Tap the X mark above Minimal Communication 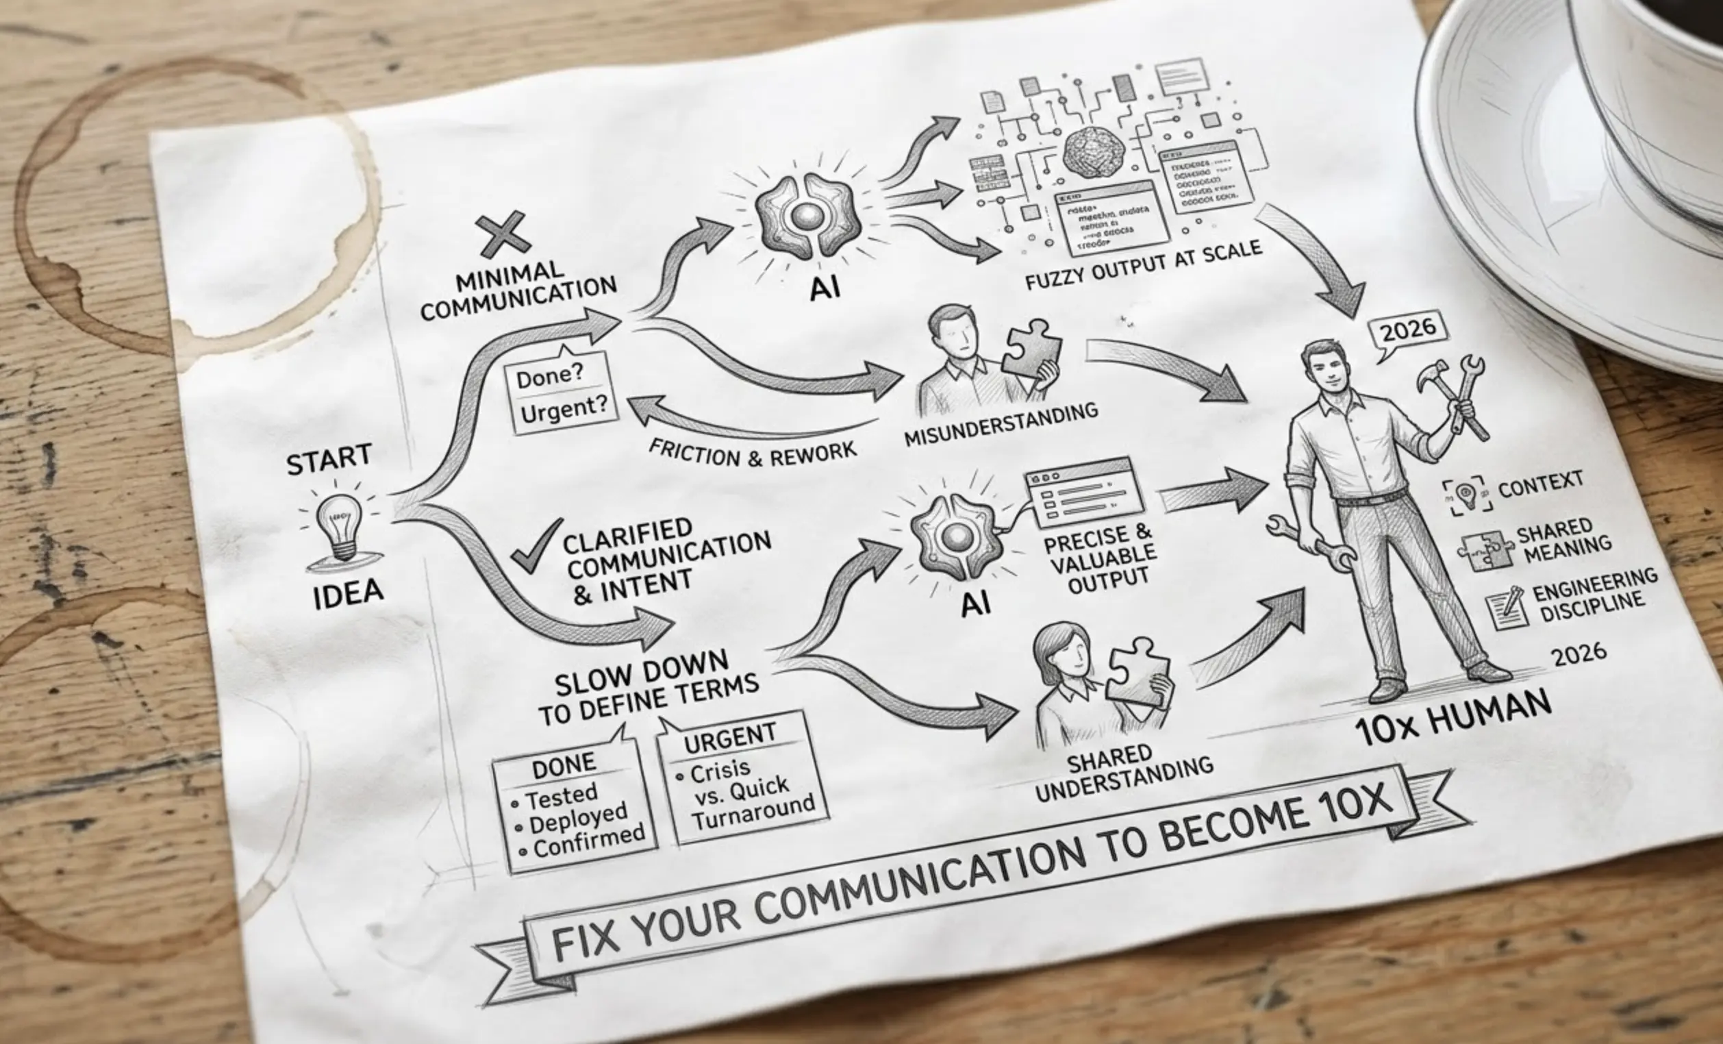(x=502, y=234)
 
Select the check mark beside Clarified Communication (x=536, y=547)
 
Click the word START (x=329, y=460)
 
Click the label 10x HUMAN (x=1453, y=719)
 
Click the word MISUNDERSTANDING (x=1001, y=425)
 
